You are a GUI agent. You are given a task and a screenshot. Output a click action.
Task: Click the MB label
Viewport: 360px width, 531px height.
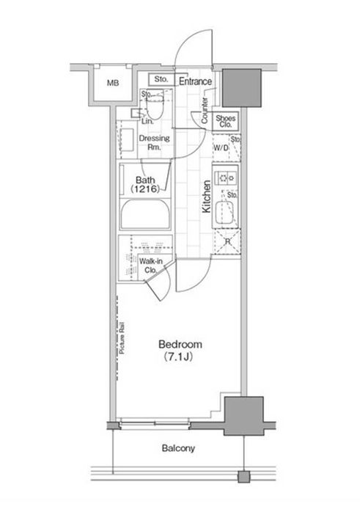(x=113, y=83)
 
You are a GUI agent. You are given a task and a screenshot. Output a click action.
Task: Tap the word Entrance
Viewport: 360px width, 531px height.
(x=195, y=81)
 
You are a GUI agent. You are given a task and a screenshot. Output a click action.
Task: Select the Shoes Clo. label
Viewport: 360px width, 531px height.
(x=226, y=121)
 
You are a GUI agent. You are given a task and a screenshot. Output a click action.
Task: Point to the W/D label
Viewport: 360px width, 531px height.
(x=221, y=148)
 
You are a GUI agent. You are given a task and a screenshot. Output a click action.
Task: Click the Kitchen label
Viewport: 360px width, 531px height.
(x=206, y=197)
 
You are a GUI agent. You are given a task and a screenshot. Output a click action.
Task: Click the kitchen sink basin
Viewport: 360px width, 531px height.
(x=225, y=213)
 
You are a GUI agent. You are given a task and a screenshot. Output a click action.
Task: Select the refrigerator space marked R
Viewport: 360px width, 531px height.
(x=227, y=242)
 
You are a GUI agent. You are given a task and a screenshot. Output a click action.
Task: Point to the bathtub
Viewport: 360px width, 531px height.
(x=145, y=215)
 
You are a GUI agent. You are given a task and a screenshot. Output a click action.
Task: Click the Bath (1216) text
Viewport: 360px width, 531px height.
(x=145, y=184)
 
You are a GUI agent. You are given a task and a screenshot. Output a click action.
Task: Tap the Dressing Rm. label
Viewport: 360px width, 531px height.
(x=155, y=142)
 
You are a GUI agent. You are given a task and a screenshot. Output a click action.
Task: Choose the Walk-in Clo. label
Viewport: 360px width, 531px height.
(x=151, y=265)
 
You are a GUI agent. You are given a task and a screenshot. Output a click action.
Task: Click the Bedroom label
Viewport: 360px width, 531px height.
(x=180, y=345)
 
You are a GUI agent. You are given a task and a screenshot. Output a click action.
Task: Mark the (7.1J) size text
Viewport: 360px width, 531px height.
(x=178, y=357)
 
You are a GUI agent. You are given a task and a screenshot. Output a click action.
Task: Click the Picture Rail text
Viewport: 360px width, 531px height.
(x=122, y=338)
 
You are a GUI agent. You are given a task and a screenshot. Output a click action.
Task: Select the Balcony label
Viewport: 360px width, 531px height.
(x=178, y=448)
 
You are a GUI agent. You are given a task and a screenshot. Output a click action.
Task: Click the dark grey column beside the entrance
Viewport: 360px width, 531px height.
(x=241, y=88)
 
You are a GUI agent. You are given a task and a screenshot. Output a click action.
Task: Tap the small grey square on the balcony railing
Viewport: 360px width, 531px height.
(x=244, y=477)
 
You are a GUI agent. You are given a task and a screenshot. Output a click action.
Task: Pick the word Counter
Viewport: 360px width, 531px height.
(x=205, y=111)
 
